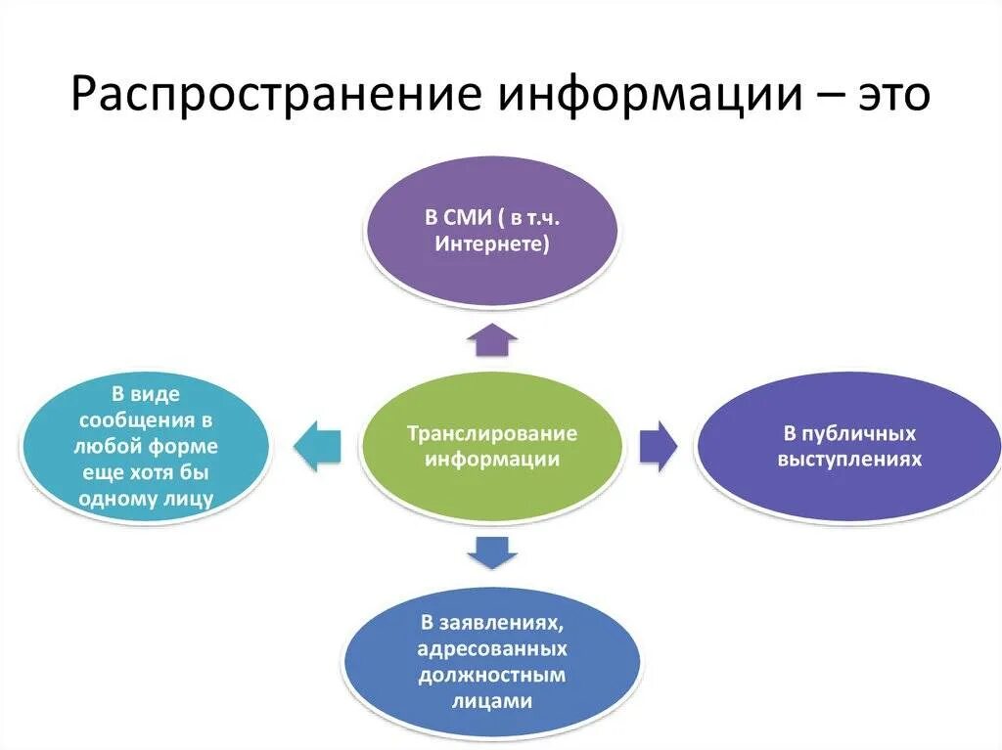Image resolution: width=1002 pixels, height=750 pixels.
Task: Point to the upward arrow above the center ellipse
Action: [x=491, y=340]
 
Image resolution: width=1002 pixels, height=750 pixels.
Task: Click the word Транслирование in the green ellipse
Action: [x=491, y=433]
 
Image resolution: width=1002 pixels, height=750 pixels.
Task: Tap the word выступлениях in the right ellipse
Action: [x=849, y=458]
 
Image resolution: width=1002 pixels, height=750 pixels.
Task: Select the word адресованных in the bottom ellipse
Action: [x=491, y=649]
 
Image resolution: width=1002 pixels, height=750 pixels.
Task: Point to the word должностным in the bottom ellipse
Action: [x=491, y=675]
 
